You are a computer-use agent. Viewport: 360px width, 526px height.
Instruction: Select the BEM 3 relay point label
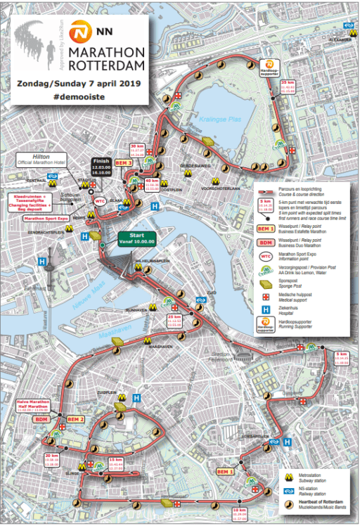tap(124, 162)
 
